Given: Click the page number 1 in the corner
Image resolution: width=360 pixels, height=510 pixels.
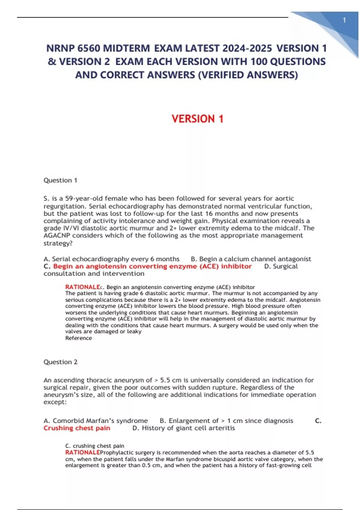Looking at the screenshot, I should tap(344, 20).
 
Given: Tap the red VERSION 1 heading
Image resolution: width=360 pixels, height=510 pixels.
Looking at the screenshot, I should tap(197, 119).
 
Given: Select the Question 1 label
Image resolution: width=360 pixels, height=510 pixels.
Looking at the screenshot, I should tap(60, 180).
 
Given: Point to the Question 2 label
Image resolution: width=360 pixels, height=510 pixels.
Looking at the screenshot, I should tap(60, 362).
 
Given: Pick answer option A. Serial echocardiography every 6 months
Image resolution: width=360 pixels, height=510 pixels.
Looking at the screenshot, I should tap(111, 259).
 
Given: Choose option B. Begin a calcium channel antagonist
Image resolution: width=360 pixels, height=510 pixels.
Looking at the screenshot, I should tap(251, 259).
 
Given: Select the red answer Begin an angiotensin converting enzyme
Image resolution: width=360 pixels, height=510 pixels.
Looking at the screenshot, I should tap(152, 266).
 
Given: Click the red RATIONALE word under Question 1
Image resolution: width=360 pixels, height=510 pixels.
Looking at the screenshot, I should tap(82, 287).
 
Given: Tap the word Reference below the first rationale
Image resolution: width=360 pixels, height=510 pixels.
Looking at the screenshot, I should tap(79, 338).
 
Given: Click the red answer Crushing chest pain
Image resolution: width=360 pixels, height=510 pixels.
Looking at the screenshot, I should tap(77, 428).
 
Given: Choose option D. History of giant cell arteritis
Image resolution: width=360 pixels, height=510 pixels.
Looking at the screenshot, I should tap(184, 428).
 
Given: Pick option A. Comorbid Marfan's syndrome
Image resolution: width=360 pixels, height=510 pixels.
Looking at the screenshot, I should tap(96, 421).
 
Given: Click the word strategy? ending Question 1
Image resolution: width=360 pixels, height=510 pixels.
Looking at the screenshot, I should tap(58, 243).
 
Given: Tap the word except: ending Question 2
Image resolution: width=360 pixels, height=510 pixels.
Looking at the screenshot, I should tap(55, 402).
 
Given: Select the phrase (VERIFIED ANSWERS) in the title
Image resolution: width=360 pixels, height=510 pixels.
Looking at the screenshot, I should tap(248, 75).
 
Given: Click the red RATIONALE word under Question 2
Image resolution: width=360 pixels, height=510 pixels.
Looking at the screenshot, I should tap(82, 452).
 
